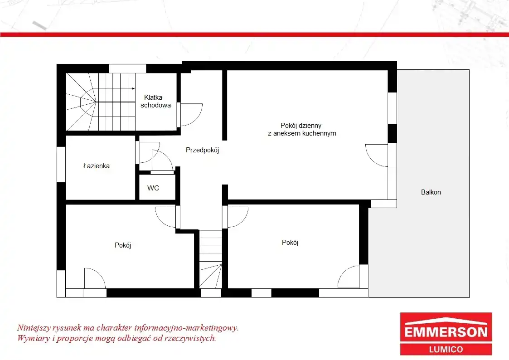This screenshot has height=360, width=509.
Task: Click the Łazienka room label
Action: (x=97, y=166)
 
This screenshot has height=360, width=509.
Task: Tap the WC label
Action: (x=153, y=188)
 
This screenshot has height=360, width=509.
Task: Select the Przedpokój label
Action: (x=202, y=150)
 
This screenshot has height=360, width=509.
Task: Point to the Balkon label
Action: (x=431, y=192)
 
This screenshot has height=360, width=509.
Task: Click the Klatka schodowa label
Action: (x=155, y=101)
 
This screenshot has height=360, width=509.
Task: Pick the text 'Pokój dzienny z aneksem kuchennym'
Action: (x=302, y=129)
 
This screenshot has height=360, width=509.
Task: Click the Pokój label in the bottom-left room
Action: (x=123, y=245)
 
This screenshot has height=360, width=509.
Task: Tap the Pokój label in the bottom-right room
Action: (x=290, y=243)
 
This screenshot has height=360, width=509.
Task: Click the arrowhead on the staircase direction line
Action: (x=133, y=88)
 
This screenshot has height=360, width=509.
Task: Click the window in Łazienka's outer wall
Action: (x=61, y=164)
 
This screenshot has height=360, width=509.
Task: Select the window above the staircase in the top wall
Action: (x=127, y=68)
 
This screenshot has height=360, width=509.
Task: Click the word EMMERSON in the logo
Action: (x=446, y=332)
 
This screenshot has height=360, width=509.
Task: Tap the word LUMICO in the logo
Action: (x=446, y=349)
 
